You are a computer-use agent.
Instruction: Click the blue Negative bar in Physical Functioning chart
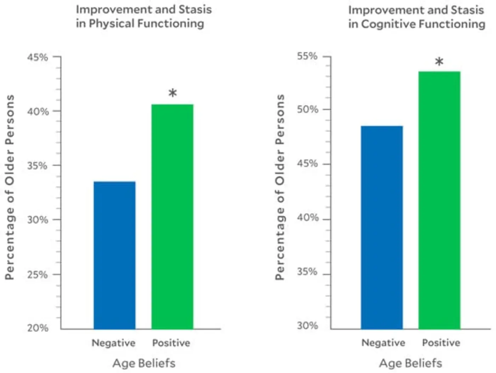click(114, 255)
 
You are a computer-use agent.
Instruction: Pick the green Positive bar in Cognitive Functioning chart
click(439, 200)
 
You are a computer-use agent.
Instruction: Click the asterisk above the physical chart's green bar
click(173, 93)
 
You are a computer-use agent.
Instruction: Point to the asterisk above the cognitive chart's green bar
click(439, 62)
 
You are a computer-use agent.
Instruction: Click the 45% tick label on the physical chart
click(38, 57)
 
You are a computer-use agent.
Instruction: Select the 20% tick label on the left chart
click(38, 328)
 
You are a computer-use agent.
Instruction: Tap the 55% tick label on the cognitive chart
click(307, 56)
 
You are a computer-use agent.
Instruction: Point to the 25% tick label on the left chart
click(38, 275)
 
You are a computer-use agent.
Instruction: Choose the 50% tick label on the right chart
click(307, 109)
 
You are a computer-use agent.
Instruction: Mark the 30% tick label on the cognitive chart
click(307, 326)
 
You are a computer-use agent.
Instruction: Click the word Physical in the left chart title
click(111, 24)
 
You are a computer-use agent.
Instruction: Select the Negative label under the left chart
click(113, 343)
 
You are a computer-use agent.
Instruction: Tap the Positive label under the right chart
click(441, 343)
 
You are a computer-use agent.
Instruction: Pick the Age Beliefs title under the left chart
click(144, 363)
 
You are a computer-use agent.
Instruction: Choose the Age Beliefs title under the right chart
click(411, 363)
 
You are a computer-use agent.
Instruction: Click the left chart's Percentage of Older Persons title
click(10, 187)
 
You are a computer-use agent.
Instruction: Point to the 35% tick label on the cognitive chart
click(307, 272)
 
